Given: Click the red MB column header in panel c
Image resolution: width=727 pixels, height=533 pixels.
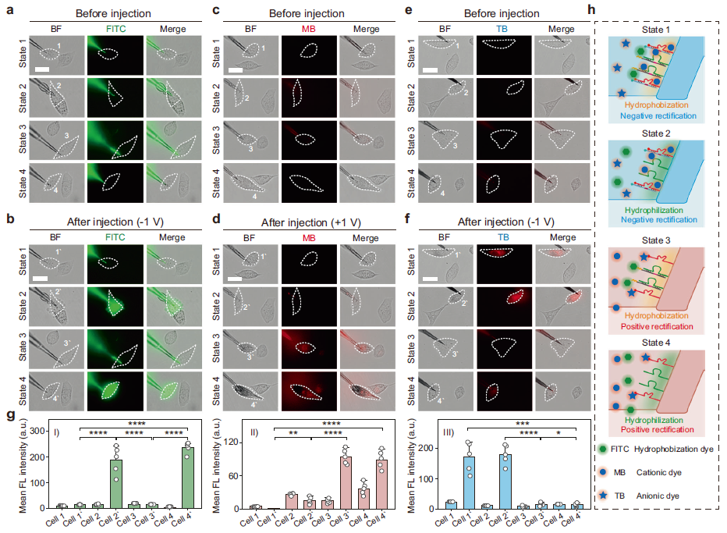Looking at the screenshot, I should click(300, 30).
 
